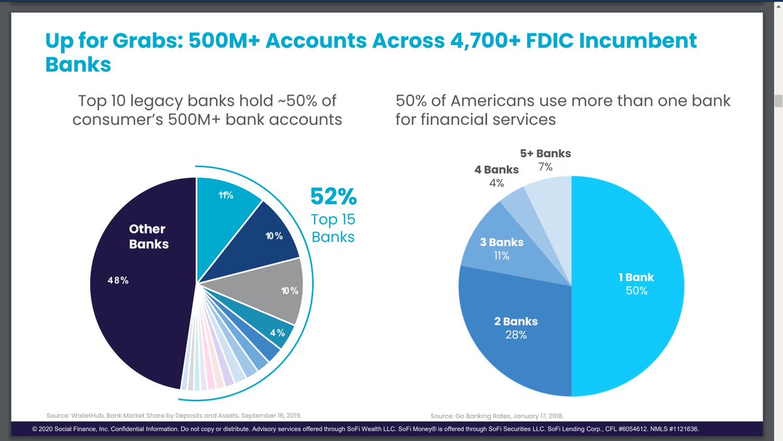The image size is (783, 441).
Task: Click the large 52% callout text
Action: (333, 197)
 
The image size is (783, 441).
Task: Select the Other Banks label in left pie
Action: (148, 237)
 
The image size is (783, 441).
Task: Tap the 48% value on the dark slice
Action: (118, 280)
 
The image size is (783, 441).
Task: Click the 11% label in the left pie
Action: (226, 195)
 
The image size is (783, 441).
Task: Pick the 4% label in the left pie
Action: (277, 333)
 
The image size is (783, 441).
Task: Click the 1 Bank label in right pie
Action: (636, 277)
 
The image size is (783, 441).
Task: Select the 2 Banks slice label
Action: (515, 321)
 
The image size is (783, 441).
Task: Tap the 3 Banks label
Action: (501, 242)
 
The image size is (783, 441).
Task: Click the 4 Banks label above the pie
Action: (497, 170)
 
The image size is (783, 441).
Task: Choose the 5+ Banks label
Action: (545, 154)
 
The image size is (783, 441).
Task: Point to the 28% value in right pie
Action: (515, 335)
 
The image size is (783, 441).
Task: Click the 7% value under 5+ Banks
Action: (545, 167)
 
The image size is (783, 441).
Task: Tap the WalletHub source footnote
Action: (174, 415)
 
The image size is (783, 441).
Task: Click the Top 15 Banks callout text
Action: (333, 227)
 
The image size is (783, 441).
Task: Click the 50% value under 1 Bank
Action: (636, 291)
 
